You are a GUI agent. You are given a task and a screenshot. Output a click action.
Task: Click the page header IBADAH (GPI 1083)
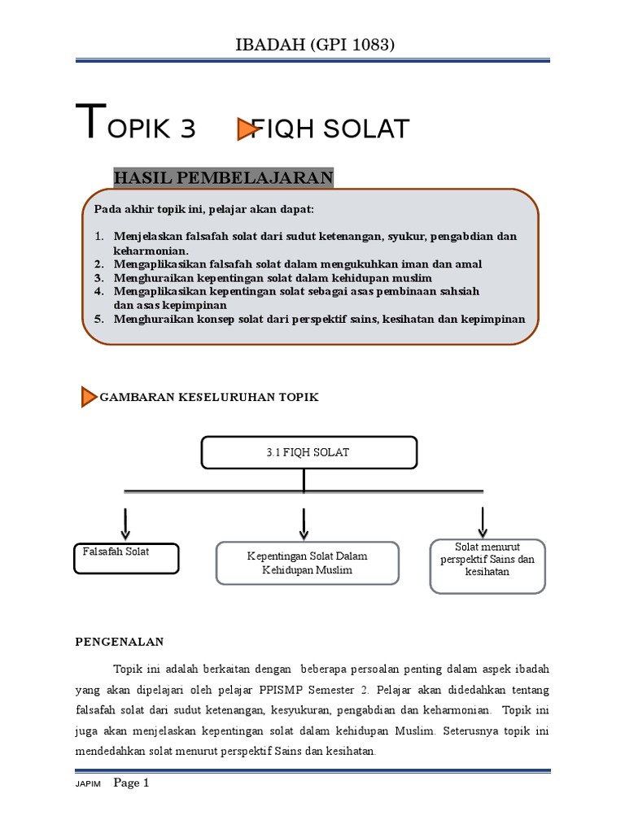[313, 46]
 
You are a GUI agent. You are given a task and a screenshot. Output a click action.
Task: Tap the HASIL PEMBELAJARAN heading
[223, 177]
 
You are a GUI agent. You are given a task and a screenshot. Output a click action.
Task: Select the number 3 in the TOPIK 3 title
[184, 129]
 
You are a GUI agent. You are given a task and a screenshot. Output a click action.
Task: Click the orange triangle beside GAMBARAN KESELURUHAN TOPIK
[89, 397]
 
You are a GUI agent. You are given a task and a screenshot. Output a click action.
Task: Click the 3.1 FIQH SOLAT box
[309, 452]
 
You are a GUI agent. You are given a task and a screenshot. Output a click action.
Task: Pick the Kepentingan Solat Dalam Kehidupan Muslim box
[308, 563]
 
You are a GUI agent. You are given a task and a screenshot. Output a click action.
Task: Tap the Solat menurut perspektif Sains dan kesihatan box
[487, 565]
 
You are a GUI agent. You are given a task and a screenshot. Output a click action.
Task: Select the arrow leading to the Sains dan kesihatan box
[483, 521]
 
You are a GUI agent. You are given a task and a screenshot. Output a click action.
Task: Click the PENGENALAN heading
[120, 642]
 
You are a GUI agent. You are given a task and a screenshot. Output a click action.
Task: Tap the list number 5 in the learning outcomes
[98, 319]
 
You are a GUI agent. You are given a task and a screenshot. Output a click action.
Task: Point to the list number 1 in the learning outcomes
[98, 237]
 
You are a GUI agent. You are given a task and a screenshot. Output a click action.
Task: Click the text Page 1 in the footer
[132, 783]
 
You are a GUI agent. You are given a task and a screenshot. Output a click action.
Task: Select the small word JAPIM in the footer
[87, 785]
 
